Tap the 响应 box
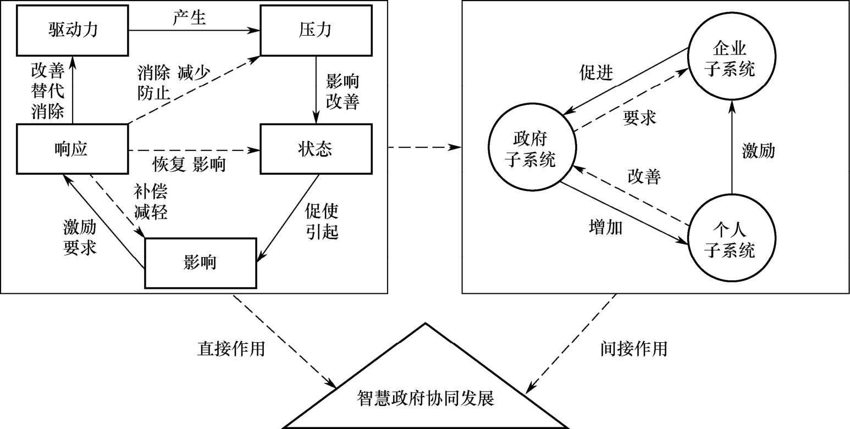(x=72, y=149)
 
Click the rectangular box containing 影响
(x=200, y=263)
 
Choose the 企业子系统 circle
(x=730, y=60)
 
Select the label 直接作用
(x=231, y=348)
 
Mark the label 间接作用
(x=633, y=348)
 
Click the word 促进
(x=596, y=73)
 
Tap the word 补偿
(x=150, y=192)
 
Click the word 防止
(x=154, y=93)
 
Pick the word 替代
(x=48, y=91)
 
